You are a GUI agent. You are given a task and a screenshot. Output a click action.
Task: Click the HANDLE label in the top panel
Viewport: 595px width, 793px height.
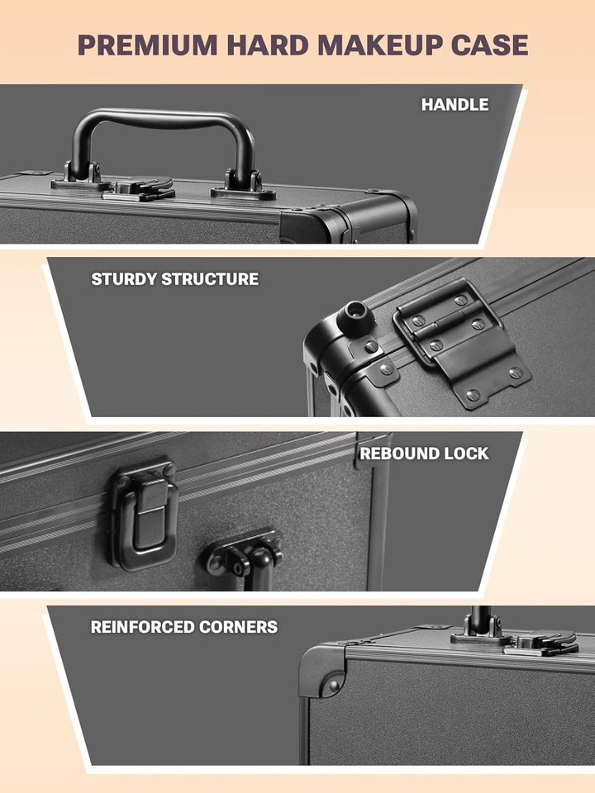point(455,105)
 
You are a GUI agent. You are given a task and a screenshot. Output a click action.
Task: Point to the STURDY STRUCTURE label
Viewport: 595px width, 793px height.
point(174,279)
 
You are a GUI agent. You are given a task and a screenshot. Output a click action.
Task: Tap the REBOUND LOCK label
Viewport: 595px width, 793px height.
point(424,453)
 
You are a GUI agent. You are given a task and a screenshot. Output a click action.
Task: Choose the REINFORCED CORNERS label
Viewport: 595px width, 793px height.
point(183,627)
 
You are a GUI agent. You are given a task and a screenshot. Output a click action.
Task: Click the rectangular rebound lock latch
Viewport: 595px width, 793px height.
point(143,514)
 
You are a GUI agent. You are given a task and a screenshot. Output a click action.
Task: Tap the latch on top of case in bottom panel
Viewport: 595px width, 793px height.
point(537,642)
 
